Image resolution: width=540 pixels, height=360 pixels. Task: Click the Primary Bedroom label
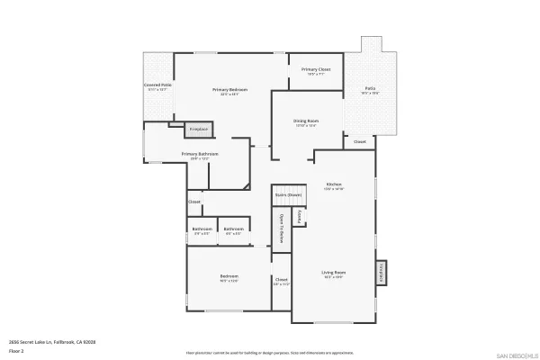click(x=229, y=90)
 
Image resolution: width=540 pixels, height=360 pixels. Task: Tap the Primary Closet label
click(x=315, y=69)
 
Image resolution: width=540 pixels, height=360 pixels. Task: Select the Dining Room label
click(x=306, y=121)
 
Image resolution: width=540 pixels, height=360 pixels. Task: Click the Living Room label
click(x=334, y=272)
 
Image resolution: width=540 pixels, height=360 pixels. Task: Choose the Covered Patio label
click(x=157, y=85)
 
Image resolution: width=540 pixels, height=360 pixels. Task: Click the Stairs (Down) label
click(x=287, y=194)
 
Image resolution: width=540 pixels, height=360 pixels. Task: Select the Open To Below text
click(x=282, y=229)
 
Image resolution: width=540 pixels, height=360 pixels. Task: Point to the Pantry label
click(x=299, y=217)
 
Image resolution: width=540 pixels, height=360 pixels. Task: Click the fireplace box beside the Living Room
click(x=381, y=273)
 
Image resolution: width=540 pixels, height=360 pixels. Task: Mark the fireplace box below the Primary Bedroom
click(x=198, y=130)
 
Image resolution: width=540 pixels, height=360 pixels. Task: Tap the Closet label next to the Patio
click(x=359, y=141)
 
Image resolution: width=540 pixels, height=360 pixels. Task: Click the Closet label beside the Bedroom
click(x=281, y=280)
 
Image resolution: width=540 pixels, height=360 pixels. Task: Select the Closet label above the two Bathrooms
click(x=194, y=202)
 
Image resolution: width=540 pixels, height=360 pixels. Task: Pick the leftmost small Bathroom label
click(x=202, y=229)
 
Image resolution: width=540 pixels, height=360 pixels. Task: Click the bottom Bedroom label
click(x=229, y=275)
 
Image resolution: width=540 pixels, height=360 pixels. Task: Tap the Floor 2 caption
click(x=16, y=351)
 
